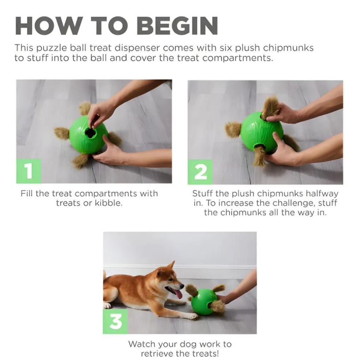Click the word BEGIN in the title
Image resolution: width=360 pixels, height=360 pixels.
click(179, 26)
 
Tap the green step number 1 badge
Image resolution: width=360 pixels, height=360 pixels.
click(29, 171)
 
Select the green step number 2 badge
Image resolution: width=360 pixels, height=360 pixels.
click(200, 172)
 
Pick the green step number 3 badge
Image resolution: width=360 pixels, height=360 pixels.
click(115, 322)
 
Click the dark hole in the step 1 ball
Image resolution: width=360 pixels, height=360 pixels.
click(90, 133)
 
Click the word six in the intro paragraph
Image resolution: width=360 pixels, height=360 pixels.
click(234, 48)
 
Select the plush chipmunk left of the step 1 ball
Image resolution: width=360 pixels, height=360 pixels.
click(62, 133)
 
